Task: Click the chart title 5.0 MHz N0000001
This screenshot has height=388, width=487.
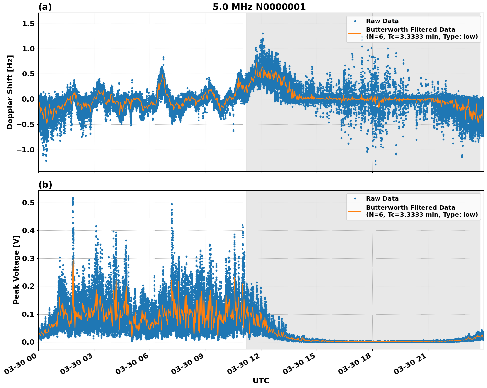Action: tap(259, 7)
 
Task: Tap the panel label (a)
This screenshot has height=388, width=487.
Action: tap(45, 7)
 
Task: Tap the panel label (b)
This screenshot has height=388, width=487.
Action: tap(45, 185)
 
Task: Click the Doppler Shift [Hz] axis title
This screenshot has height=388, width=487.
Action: tap(10, 92)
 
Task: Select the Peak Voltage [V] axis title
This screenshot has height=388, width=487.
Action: tap(16, 269)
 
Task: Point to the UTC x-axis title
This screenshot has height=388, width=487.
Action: tap(261, 381)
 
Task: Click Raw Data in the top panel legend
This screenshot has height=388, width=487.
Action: tap(382, 21)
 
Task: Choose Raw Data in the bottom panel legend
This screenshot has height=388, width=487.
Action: tap(382, 199)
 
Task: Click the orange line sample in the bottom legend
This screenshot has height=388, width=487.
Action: tap(355, 211)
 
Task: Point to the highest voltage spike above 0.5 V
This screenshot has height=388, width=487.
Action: tap(73, 198)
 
